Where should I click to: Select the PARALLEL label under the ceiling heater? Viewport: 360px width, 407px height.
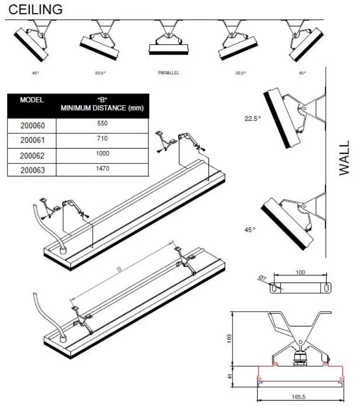[168, 73]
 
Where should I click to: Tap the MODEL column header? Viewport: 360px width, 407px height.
[32, 100]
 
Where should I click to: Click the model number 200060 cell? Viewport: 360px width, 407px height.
[32, 125]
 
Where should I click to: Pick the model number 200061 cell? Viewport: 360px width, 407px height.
[32, 140]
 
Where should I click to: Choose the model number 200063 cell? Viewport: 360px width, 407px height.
[32, 170]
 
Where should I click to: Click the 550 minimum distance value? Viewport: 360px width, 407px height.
[102, 124]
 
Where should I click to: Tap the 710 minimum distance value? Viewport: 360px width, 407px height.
[102, 138]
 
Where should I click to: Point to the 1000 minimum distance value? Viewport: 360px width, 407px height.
[102, 154]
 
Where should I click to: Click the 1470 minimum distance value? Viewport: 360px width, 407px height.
[102, 169]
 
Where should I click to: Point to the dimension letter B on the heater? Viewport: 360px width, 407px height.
[120, 269]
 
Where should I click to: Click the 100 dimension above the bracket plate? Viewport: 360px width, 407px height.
[300, 273]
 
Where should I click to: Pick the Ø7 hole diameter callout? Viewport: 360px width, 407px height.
[262, 278]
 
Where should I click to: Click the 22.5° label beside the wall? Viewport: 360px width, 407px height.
[253, 119]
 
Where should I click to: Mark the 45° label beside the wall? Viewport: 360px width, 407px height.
[250, 230]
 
